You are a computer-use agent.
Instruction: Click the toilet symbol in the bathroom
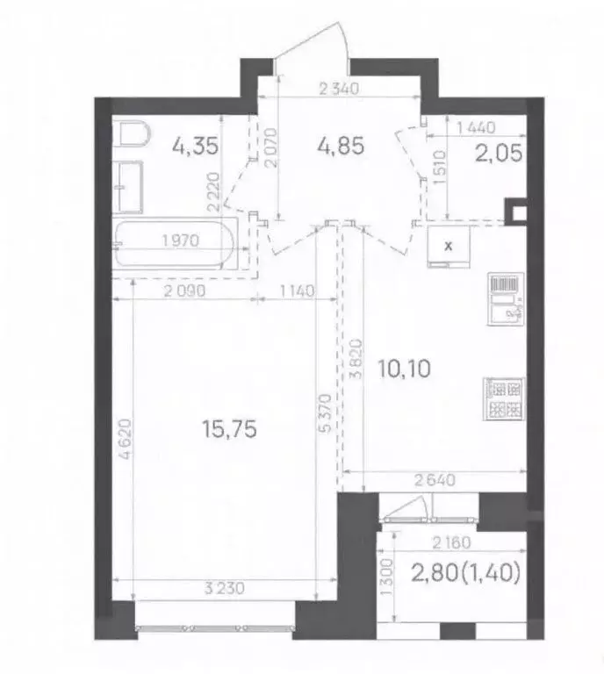coord(132,136)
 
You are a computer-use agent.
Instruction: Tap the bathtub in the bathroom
coord(176,247)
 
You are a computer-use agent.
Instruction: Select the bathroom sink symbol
coord(129,186)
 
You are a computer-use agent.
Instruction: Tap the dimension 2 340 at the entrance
coord(342,87)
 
